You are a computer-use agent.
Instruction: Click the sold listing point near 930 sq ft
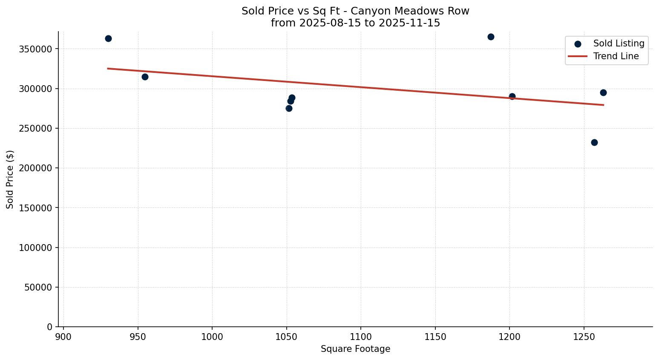[108, 38]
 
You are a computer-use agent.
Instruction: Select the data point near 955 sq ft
[145, 77]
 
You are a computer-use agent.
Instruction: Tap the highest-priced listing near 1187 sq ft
[491, 37]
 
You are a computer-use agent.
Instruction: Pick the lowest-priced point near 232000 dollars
[594, 142]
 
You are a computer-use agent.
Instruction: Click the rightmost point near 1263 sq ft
[603, 92]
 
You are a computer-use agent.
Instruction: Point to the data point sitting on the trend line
[512, 97]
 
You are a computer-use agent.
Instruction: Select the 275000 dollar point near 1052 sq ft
[289, 108]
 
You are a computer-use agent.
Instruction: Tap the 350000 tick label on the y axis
[35, 49]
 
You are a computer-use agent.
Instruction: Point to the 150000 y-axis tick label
[35, 208]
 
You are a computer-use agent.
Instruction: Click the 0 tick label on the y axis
[49, 327]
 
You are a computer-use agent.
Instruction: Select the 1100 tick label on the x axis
[361, 337]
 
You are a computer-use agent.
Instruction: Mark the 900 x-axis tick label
[63, 337]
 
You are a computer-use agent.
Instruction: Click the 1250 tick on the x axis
[584, 337]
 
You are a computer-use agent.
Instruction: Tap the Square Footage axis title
[355, 349]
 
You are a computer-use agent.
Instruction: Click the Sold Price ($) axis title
[10, 179]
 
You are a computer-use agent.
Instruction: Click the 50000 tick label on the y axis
[37, 288]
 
